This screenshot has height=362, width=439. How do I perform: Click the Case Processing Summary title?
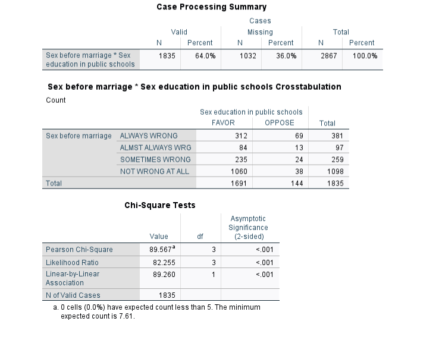coord(211,7)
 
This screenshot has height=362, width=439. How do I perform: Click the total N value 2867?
coord(328,55)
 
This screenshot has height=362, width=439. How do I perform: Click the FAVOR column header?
coord(223,123)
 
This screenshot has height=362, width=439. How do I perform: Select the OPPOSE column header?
coord(279,123)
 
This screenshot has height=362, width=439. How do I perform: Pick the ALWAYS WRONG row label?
coord(149,136)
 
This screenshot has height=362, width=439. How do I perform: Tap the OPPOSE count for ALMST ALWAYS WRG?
coord(299,147)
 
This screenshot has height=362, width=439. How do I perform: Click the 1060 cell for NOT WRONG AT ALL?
coord(239,171)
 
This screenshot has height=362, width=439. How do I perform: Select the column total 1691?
coord(239,184)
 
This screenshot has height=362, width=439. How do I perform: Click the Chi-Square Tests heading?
coord(159,206)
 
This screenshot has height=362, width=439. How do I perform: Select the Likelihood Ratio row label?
coord(72,262)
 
